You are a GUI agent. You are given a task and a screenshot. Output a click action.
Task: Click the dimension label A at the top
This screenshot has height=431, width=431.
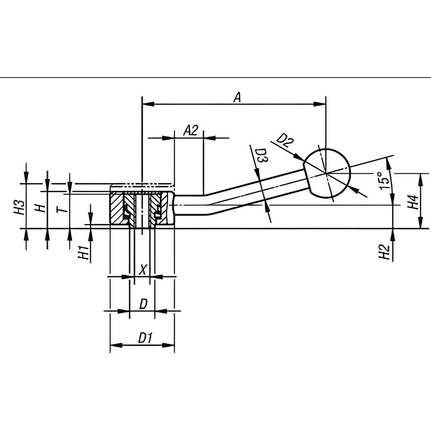(x=237, y=97)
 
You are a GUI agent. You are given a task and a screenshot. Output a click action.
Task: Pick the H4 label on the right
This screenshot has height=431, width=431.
(x=412, y=202)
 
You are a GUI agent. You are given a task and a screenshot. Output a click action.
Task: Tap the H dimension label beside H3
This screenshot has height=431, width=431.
(x=40, y=208)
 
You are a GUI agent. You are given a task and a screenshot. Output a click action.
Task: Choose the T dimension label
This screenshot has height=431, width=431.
(x=62, y=209)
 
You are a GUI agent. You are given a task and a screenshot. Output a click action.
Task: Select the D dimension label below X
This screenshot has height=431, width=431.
(x=143, y=304)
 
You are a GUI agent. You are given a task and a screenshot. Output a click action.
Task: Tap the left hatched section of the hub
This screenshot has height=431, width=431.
(x=118, y=209)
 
